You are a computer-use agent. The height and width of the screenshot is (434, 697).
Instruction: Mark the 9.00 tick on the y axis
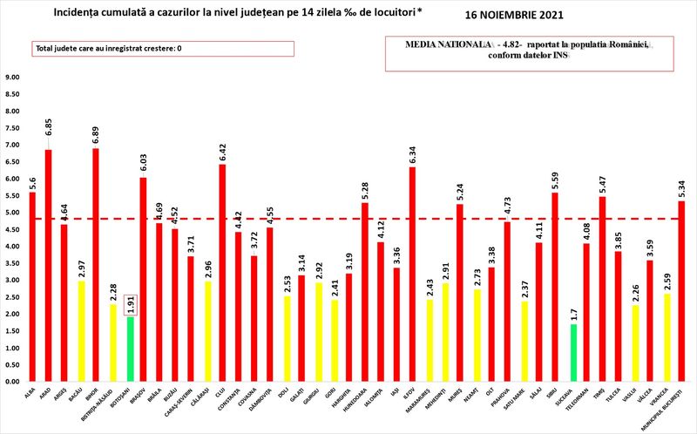pos(13,78)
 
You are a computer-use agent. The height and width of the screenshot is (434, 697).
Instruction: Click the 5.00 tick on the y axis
pos(13,213)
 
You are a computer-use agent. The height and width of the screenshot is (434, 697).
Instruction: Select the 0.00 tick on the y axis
pos(13,382)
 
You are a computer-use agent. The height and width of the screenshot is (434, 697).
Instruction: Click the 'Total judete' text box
pos(163,49)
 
